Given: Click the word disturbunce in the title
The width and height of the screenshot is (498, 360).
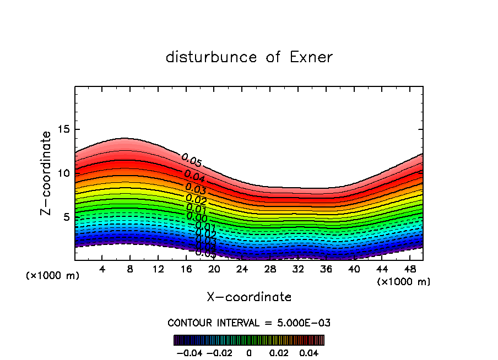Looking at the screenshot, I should (212, 57).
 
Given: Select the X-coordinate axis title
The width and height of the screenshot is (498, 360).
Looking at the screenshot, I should (249, 297).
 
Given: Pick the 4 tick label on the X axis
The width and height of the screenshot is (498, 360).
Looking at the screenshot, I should (102, 269).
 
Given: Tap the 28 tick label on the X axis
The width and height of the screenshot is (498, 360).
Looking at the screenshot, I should (270, 269).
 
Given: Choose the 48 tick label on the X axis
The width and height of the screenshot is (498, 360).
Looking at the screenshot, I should (409, 269).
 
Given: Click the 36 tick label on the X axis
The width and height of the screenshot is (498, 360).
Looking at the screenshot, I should (326, 269).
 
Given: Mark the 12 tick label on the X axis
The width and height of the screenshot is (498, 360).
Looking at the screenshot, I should (158, 269).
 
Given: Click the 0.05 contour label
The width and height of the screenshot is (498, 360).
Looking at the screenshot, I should (192, 160).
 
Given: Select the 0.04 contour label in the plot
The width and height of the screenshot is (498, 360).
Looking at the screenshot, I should (194, 176).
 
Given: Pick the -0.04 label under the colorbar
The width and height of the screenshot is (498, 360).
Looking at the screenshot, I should (189, 352).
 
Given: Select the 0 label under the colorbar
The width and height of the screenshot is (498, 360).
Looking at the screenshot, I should (249, 352).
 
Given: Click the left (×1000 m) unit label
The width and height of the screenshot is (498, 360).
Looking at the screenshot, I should (53, 275).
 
